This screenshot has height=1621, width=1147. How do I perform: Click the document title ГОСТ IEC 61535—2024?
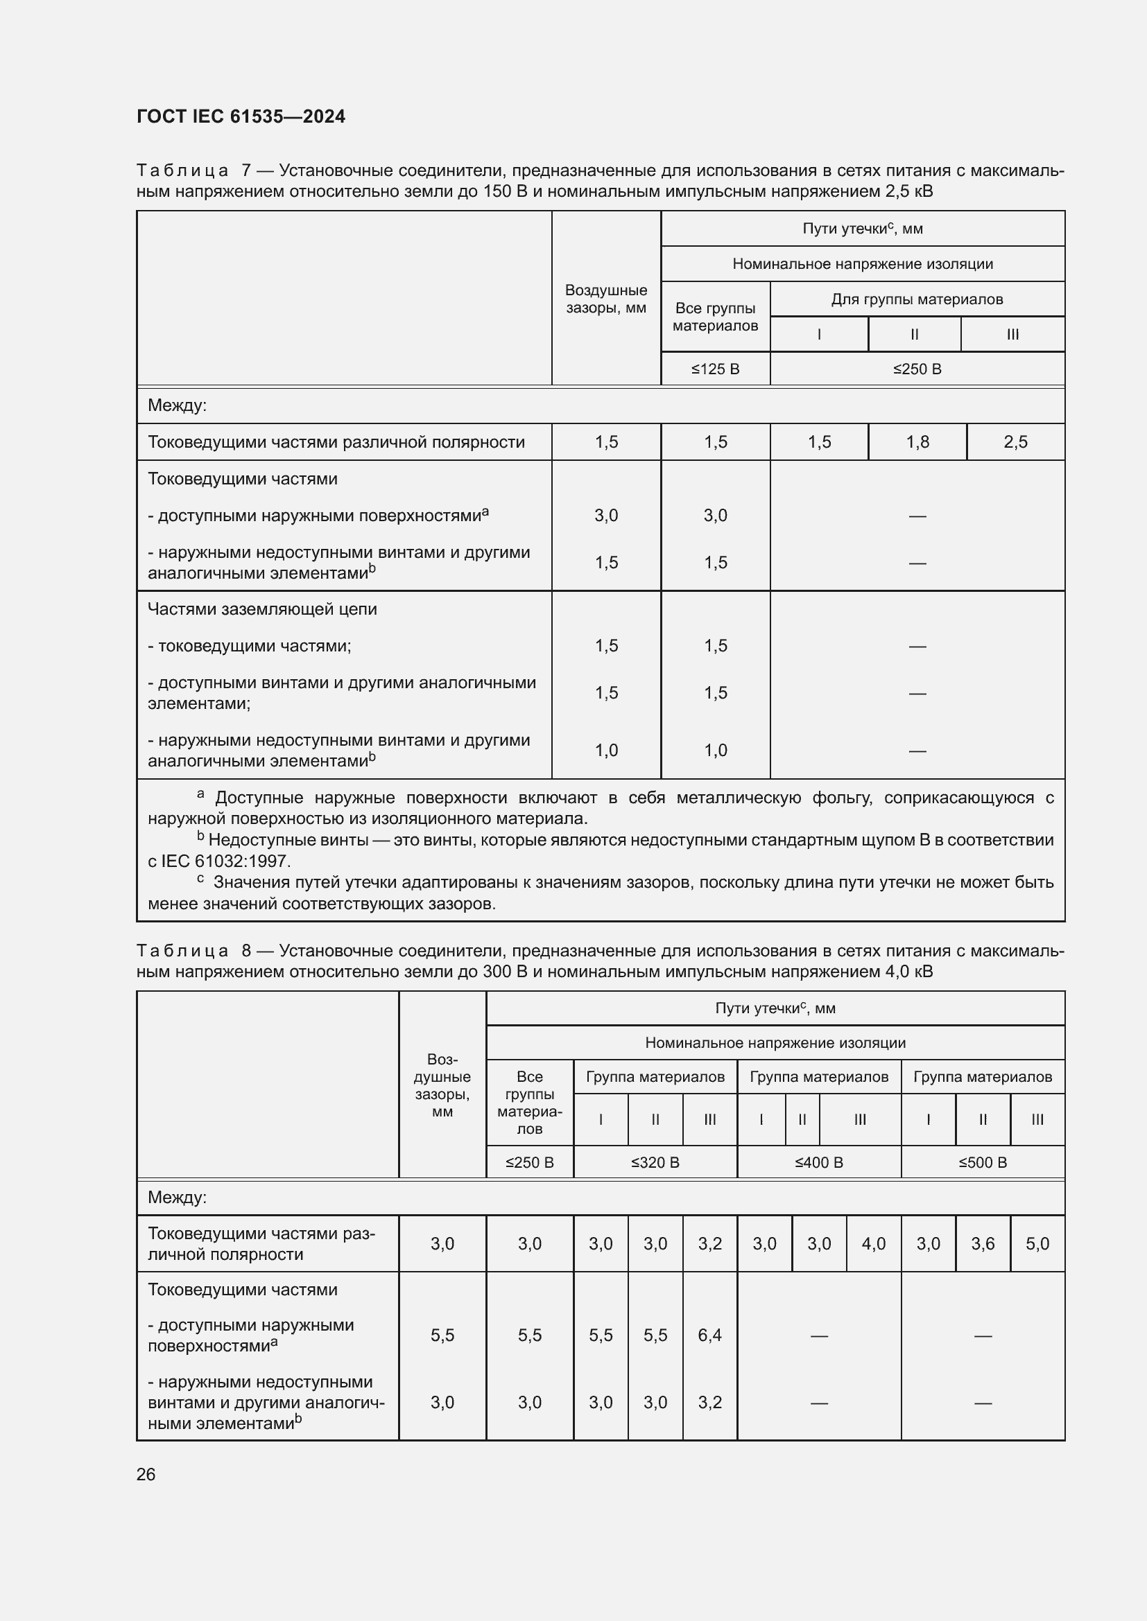click(x=241, y=116)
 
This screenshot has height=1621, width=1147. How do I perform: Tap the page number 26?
click(x=146, y=1474)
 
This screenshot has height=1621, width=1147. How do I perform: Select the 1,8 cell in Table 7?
click(x=917, y=442)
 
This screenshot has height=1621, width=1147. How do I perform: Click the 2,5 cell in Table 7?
click(x=1015, y=442)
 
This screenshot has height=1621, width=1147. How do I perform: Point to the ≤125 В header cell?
click(x=715, y=369)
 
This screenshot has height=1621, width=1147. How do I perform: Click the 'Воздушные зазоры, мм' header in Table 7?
click(x=606, y=299)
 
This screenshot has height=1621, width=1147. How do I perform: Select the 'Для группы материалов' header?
click(x=917, y=299)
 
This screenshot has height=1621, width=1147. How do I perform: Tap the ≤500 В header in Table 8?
click(x=983, y=1162)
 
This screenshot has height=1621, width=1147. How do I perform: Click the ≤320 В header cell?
click(x=655, y=1162)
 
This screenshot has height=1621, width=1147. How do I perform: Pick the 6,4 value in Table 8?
click(x=710, y=1334)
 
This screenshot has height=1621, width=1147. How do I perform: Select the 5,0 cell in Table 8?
click(x=1037, y=1243)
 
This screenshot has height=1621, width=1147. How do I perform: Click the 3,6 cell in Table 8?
click(x=983, y=1243)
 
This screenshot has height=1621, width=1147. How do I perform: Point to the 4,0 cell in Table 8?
click(x=874, y=1243)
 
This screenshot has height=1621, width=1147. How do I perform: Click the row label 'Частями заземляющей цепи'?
click(x=262, y=609)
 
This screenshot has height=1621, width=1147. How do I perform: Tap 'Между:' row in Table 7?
click(x=178, y=405)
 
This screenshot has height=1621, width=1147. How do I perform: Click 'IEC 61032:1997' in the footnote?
click(x=225, y=861)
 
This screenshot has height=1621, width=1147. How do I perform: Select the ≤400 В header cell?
click(x=818, y=1162)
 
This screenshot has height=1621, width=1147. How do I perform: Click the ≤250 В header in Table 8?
click(x=530, y=1162)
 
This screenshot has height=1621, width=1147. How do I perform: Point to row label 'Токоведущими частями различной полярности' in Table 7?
click(x=336, y=442)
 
